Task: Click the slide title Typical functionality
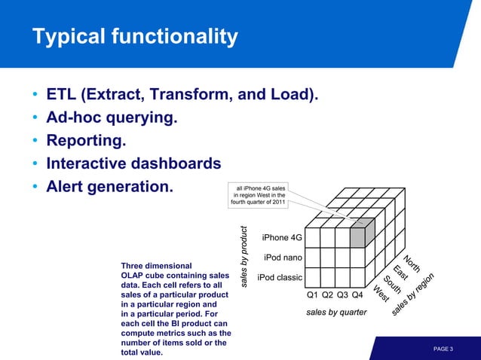[134, 36]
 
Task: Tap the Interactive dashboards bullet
[133, 163]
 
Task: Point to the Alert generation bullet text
[109, 185]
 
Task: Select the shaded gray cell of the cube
[357, 233]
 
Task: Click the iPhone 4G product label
[282, 238]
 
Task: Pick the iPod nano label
[283, 258]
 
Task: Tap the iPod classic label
[280, 278]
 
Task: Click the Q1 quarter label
[313, 295]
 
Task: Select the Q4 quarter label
[358, 295]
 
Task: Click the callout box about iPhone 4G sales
[259, 194]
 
